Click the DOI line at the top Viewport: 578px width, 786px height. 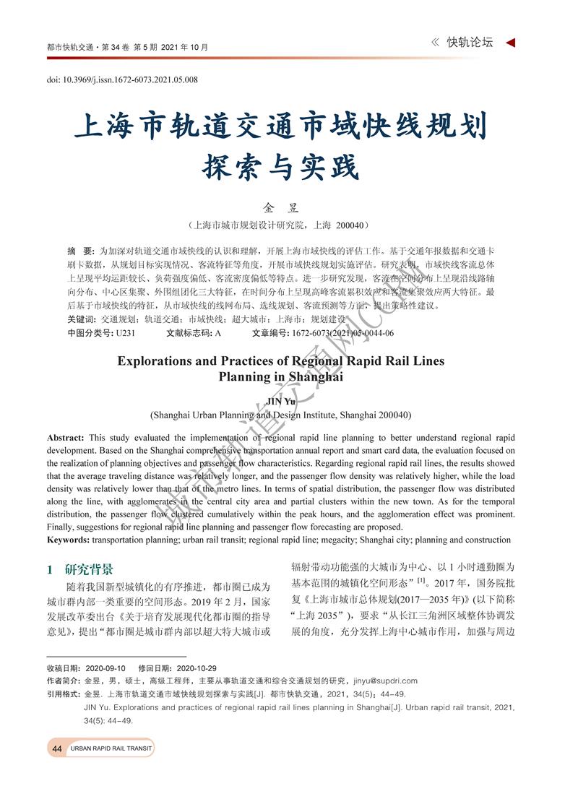122,79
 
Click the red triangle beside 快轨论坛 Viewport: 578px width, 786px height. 510,43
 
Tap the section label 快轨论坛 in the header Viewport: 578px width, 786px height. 470,43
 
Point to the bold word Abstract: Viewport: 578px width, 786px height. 66,438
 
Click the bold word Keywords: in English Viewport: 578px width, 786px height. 69,540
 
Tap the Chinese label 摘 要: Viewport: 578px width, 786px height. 79,250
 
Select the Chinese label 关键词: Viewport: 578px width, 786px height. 82,319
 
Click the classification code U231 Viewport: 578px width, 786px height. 126,333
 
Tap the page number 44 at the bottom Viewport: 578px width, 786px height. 57,749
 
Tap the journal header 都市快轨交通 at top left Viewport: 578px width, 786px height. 69,48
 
